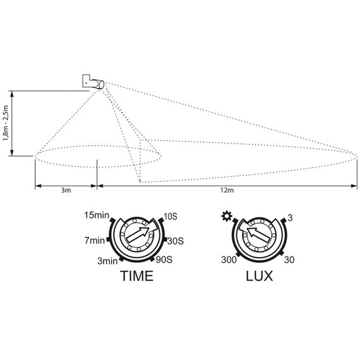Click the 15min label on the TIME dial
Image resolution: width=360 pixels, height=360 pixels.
(x=97, y=215)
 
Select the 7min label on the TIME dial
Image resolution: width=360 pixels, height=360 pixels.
(x=95, y=241)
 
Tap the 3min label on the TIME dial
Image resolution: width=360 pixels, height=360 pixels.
(x=107, y=261)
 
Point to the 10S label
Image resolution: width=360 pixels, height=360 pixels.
(x=170, y=216)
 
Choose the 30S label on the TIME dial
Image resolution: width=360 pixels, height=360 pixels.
(x=176, y=241)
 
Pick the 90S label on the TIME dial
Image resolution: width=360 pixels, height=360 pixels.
(x=164, y=260)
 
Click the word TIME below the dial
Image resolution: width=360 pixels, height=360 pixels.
(x=137, y=276)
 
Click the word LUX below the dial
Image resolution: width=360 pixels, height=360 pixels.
(x=260, y=276)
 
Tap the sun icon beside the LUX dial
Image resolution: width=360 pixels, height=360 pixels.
(x=227, y=216)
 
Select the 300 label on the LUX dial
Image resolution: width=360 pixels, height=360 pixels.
(x=229, y=260)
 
